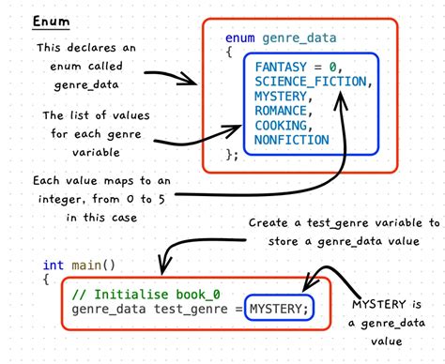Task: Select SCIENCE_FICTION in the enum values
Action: pyautogui.click(x=313, y=83)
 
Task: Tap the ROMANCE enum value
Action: pyautogui.click(x=281, y=112)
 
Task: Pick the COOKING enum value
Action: pyautogui.click(x=281, y=126)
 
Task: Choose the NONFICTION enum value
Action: pyautogui.click(x=291, y=141)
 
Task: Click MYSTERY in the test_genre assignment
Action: pyautogui.click(x=277, y=310)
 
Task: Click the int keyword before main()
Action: pyautogui.click(x=54, y=265)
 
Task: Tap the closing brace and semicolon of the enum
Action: pyautogui.click(x=233, y=154)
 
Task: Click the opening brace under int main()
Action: pyautogui.click(x=46, y=280)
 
